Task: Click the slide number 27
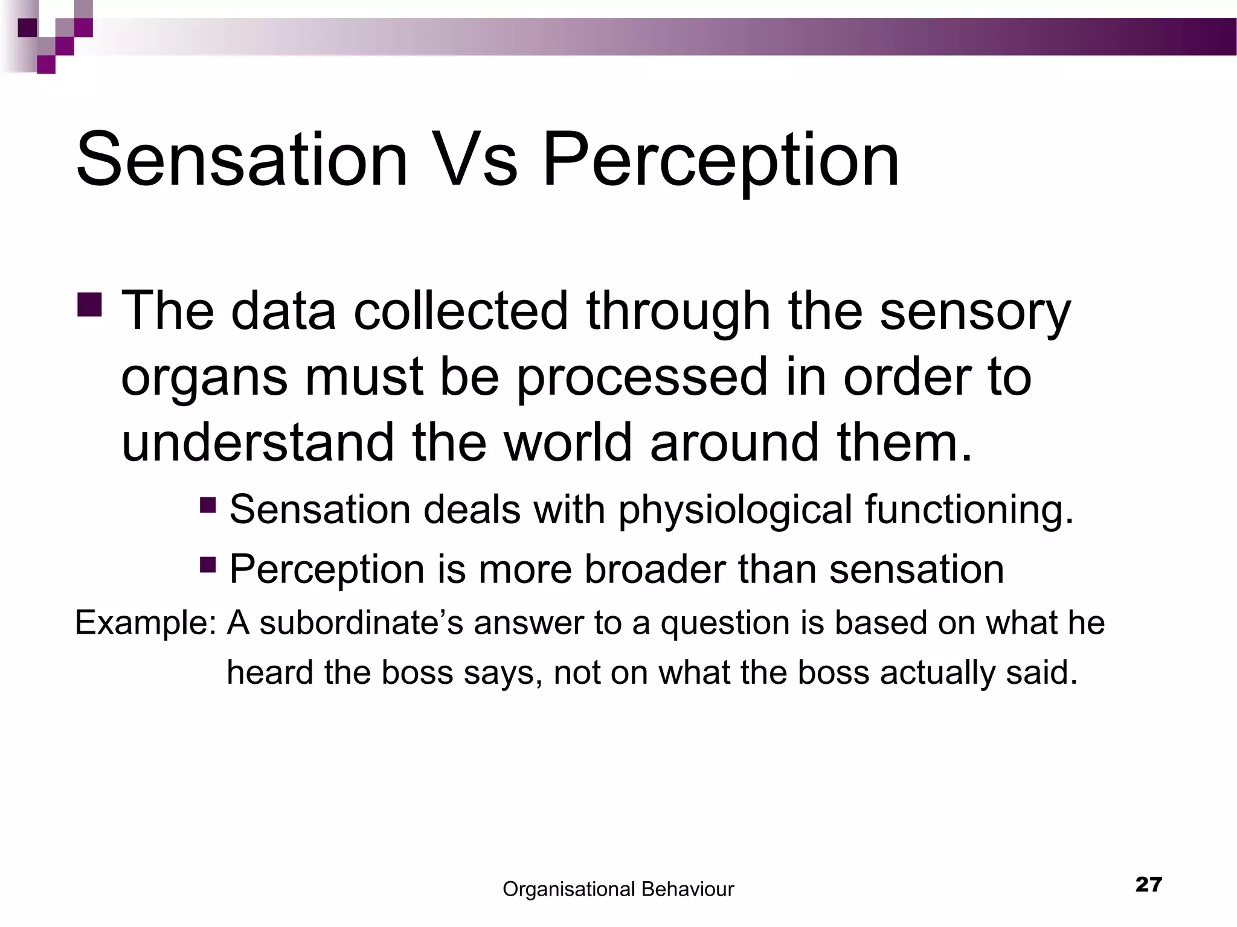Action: (x=1148, y=885)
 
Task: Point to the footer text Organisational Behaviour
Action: (x=618, y=889)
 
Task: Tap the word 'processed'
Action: (x=641, y=377)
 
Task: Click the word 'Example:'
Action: (x=146, y=623)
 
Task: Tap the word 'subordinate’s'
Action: (x=361, y=623)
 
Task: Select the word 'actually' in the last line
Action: (x=936, y=672)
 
